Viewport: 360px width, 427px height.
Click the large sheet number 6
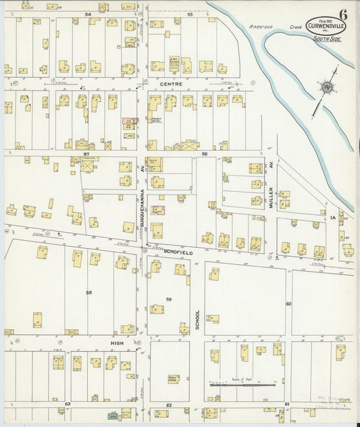(x=344, y=14)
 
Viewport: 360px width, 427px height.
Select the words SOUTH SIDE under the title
(x=326, y=39)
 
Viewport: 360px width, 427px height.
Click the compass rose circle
(x=326, y=86)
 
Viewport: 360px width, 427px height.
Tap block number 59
(x=169, y=299)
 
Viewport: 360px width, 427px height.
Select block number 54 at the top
(x=87, y=14)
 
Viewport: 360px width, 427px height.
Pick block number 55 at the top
(x=190, y=14)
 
